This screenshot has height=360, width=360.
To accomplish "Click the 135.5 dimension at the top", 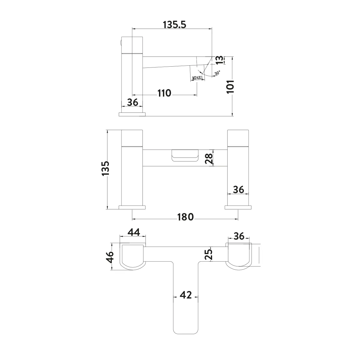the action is [x=175, y=25].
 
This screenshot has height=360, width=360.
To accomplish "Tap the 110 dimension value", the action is [x=164, y=93].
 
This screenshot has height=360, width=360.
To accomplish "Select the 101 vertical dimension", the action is [x=230, y=87].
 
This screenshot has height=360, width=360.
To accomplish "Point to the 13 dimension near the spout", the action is [x=219, y=60].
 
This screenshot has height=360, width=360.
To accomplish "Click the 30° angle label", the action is [x=217, y=73].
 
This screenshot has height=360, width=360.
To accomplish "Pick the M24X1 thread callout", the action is [x=197, y=78].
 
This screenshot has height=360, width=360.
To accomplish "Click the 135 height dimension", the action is [x=105, y=168].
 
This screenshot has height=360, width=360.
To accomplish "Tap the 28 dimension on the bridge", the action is [x=209, y=159].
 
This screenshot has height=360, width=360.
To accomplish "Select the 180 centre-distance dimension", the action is [x=185, y=217].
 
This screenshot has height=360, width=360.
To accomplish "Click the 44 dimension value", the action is [x=134, y=232].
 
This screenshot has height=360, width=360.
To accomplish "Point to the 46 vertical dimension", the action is [x=109, y=257].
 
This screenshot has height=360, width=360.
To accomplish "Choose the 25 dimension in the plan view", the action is [x=208, y=254].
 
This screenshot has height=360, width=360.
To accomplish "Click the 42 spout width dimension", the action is [x=186, y=295].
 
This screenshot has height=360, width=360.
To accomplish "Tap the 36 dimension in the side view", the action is [x=133, y=102].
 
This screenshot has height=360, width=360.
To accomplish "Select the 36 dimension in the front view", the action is [x=238, y=190].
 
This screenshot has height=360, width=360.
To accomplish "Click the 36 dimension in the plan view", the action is [x=239, y=236].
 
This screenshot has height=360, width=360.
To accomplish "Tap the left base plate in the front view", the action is [x=132, y=207].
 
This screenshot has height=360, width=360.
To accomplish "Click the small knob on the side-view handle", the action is [x=121, y=43].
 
